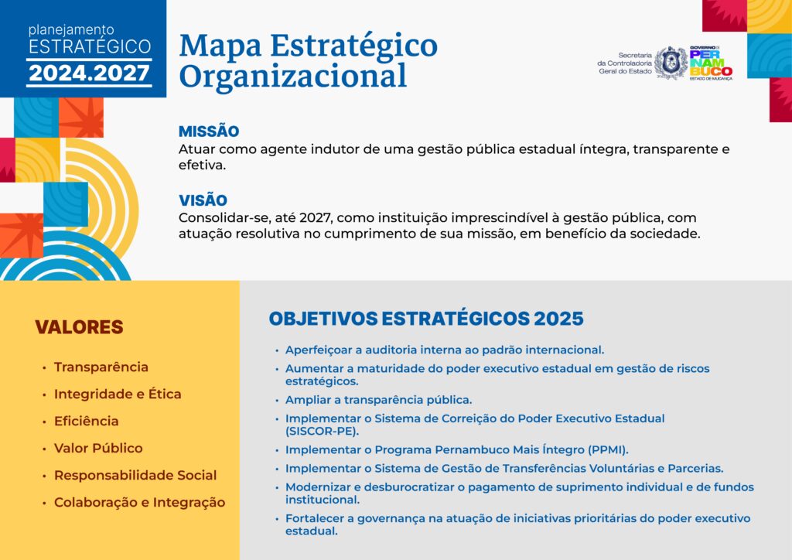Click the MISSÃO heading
pos(209,131)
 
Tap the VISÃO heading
pos(203,200)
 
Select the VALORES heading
pos(80,327)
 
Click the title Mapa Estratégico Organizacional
pos(308,60)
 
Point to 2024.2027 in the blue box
pos(90,73)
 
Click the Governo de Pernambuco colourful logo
pos(711,63)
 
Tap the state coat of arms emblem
pos(671,63)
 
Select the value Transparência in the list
pos(101,367)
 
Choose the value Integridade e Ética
pos(118,394)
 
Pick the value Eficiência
pos(87,421)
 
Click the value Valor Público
pos(98,449)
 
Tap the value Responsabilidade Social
pos(135,475)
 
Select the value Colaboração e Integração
pos(140,503)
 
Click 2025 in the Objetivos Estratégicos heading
pos(558,319)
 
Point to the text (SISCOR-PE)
pos(323,432)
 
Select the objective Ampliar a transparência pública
pos(379,400)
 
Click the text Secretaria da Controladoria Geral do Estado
pos(625,63)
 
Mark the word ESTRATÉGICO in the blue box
pos(90,46)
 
